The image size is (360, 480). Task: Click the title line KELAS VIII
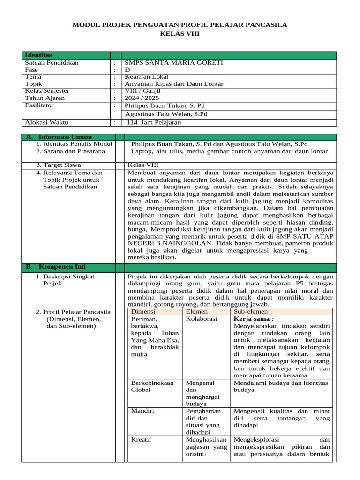(180, 34)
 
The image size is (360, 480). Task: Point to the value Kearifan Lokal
(147, 77)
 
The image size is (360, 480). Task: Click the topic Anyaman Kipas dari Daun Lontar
(174, 84)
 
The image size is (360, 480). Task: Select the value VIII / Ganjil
(142, 91)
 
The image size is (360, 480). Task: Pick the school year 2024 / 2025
(142, 98)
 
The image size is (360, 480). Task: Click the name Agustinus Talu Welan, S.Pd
(166, 114)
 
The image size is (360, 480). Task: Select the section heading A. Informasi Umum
(59, 137)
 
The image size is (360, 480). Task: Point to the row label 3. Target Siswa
(59, 165)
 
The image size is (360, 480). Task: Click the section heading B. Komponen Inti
(56, 267)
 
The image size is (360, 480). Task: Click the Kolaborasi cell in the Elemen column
(202, 319)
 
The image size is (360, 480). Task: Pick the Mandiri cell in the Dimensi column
(142, 411)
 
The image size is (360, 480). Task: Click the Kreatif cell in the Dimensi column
(141, 440)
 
